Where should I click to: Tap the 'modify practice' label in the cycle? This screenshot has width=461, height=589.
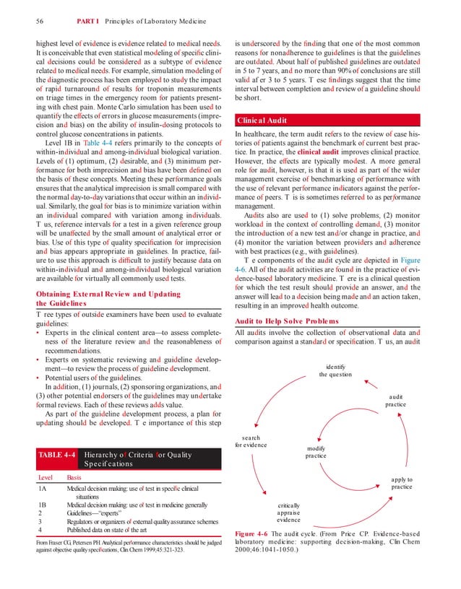pos(316,452)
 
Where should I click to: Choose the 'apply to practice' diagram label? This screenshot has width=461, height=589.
pos(401,483)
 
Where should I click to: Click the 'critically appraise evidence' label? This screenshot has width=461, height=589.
pos(288,512)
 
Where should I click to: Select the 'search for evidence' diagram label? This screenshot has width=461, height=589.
pos(251,441)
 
